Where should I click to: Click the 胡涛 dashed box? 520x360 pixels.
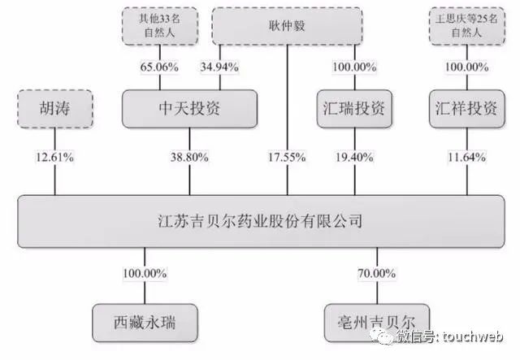[55, 109]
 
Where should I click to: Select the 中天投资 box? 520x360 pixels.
[189, 109]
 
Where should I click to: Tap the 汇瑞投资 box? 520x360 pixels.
[354, 109]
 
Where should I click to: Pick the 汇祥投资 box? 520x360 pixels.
[467, 109]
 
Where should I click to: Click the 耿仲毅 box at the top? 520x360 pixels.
[287, 26]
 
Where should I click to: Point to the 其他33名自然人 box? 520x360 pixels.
[160, 26]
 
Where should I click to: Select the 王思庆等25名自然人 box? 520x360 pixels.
[467, 26]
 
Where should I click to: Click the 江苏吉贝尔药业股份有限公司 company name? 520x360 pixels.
[260, 221]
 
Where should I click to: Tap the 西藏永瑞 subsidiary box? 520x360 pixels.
[145, 323]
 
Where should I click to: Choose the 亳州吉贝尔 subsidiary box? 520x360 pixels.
[377, 323]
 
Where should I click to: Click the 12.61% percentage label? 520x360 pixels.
[54, 157]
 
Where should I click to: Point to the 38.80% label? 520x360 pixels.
[189, 157]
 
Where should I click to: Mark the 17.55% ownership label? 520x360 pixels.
[287, 157]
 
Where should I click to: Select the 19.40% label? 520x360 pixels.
[354, 157]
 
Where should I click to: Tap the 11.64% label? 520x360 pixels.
[467, 157]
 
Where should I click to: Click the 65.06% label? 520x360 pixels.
[159, 67]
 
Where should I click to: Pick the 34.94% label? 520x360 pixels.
[219, 67]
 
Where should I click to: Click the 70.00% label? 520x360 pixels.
[377, 273]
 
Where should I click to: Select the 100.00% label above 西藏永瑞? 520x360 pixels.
[145, 273]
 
